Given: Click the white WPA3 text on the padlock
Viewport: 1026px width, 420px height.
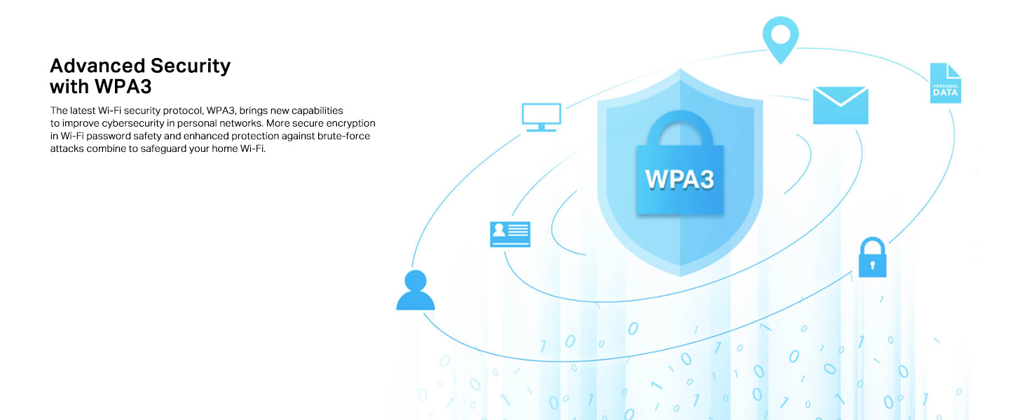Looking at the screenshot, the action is tap(679, 178).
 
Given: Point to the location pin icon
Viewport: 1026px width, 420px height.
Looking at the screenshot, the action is tap(780, 38).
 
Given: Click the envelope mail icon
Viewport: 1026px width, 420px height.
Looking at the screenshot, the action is tap(840, 106).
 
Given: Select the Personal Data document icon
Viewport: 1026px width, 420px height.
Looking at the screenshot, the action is tap(945, 83).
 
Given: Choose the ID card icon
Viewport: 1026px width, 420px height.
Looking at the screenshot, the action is tap(510, 234).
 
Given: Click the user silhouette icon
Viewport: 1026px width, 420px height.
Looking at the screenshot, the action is tap(416, 290).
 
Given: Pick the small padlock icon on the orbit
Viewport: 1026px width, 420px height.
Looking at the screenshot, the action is tap(873, 258).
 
